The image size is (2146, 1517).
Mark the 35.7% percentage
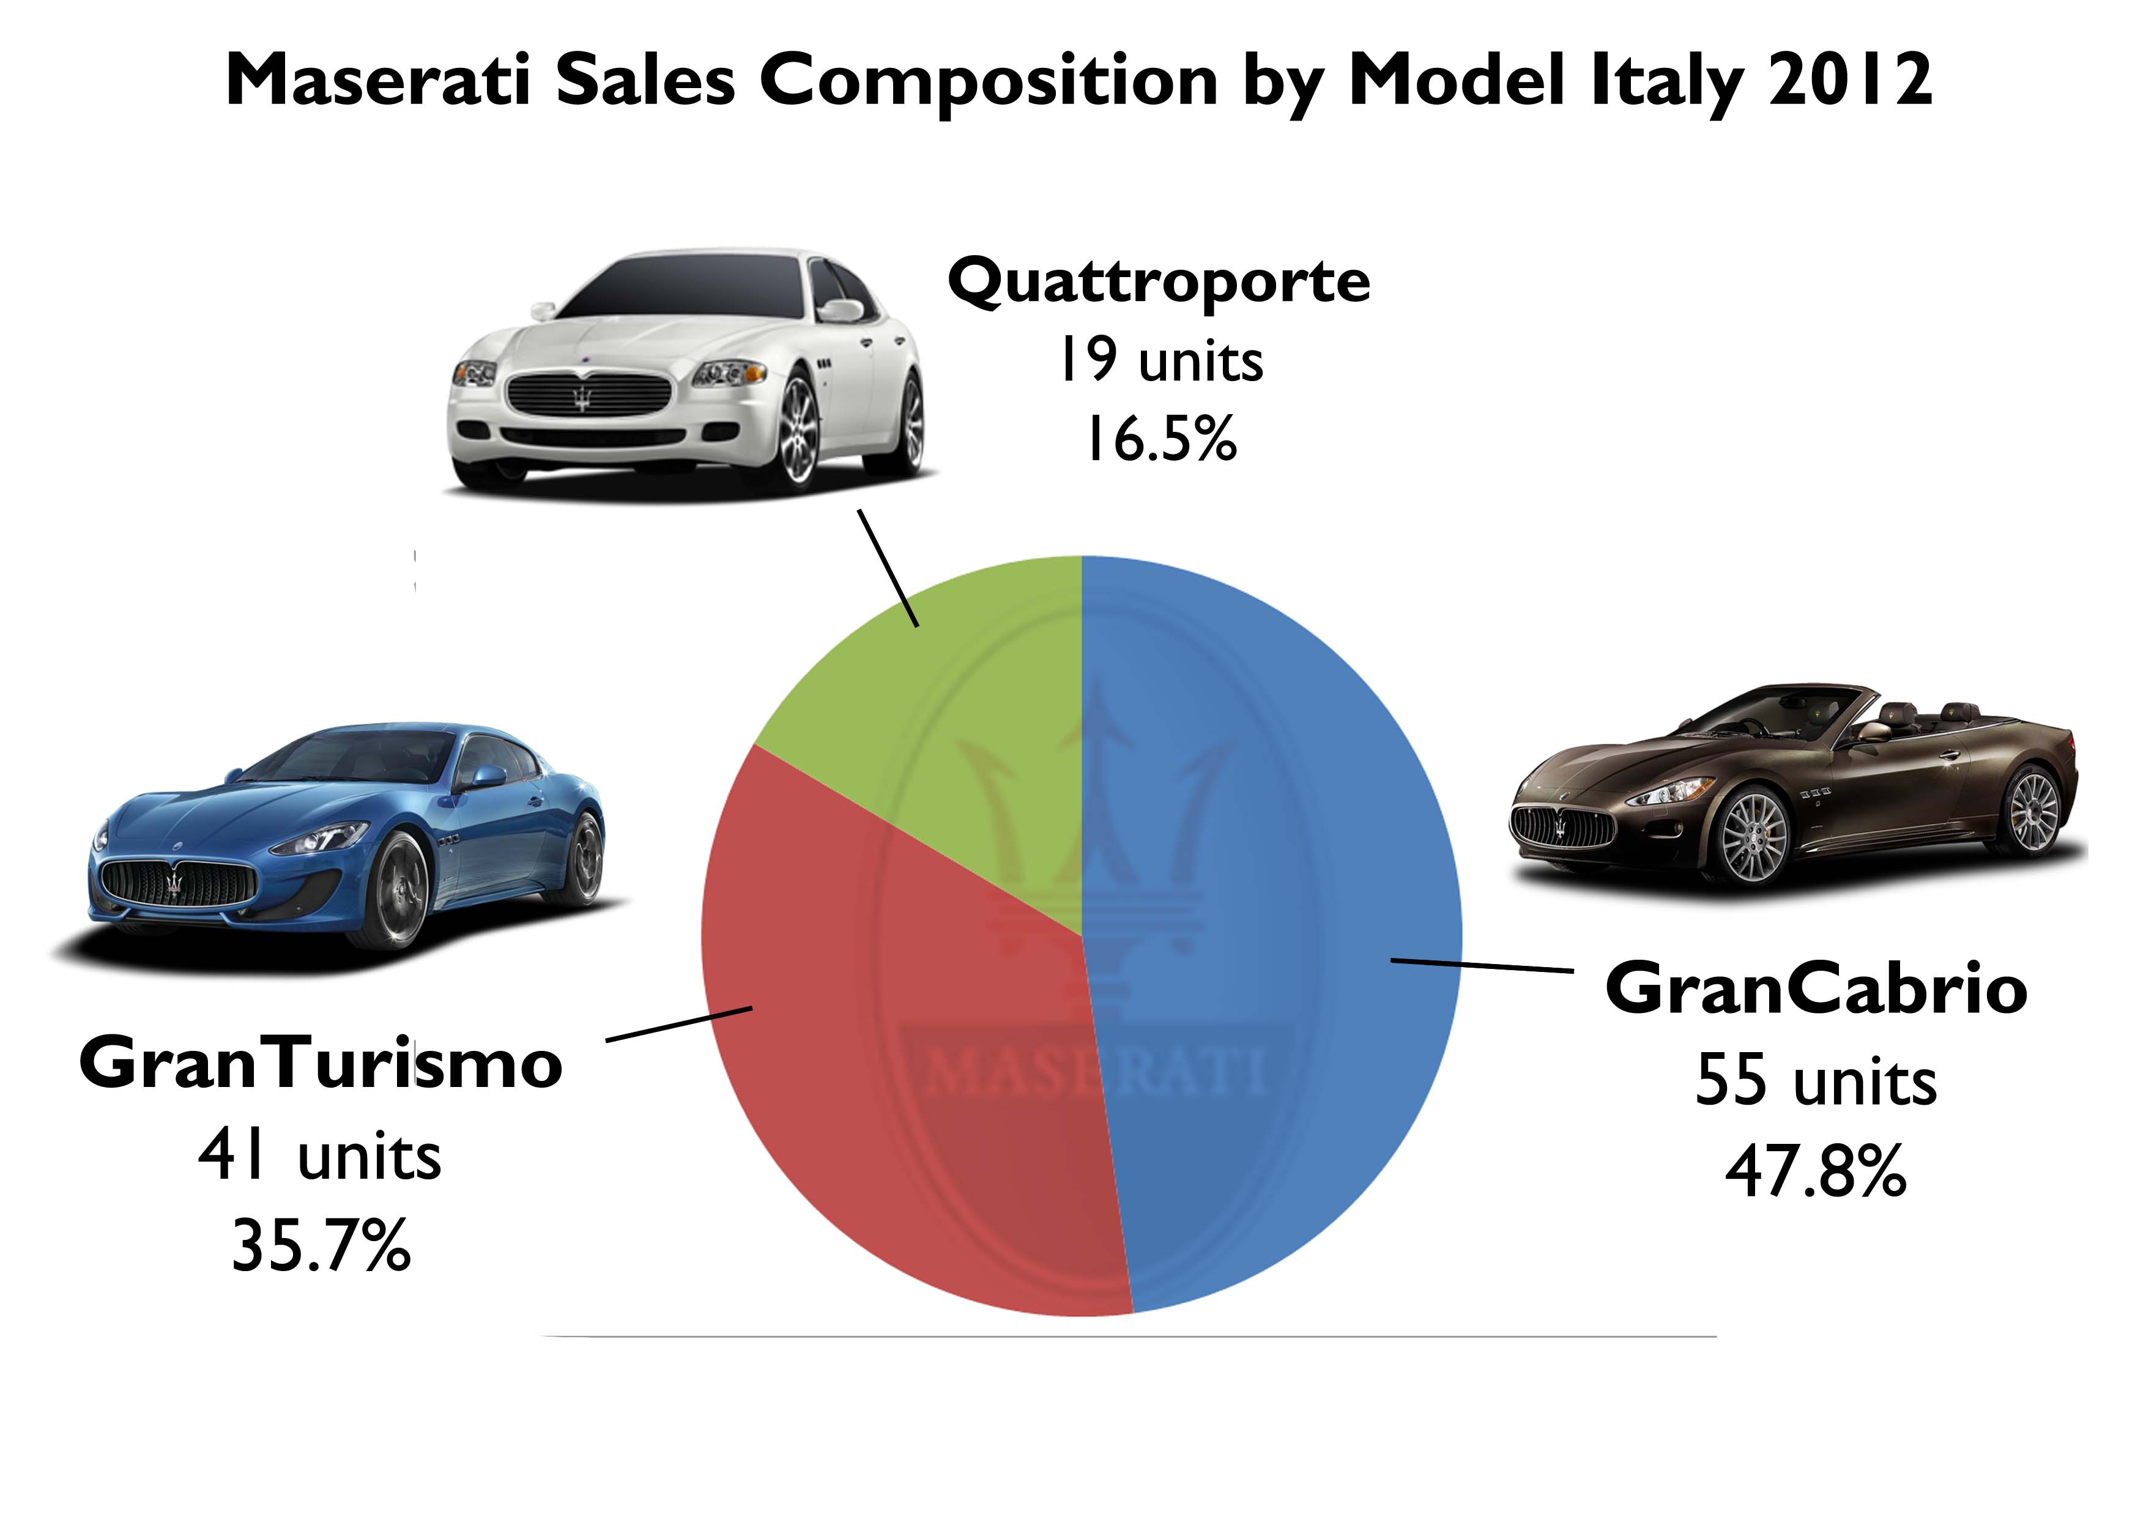[x=321, y=1246]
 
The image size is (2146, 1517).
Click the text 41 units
[x=321, y=1157]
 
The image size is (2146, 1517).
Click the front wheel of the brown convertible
[x=1753, y=837]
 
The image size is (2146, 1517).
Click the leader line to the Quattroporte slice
[x=888, y=568]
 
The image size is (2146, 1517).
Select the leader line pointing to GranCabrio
[x=1482, y=965]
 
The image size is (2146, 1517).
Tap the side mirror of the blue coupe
[x=488, y=776]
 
